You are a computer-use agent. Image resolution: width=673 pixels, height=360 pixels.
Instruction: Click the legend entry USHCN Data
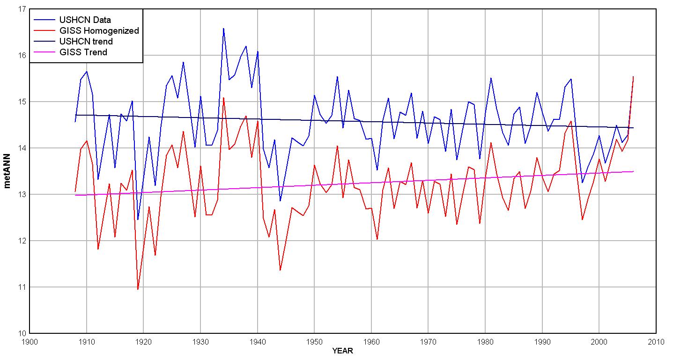85,20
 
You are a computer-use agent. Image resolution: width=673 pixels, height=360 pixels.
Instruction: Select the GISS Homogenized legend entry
99,31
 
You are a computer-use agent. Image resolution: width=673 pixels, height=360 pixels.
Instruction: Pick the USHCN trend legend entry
86,42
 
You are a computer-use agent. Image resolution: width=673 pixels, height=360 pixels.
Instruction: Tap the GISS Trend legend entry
83,52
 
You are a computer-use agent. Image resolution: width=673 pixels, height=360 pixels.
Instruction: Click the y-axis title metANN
8,171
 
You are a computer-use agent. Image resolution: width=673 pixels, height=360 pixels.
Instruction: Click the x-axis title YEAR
342,351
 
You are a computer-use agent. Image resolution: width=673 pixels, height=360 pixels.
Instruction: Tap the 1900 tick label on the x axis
30,342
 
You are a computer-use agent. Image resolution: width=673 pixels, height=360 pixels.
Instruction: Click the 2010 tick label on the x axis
656,342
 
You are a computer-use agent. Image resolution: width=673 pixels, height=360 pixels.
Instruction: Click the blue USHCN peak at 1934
223,28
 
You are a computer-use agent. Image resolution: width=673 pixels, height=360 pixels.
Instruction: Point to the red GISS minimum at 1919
138,289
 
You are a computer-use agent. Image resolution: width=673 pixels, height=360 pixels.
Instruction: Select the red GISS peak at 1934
223,98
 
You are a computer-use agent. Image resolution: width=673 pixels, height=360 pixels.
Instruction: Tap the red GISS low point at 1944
280,270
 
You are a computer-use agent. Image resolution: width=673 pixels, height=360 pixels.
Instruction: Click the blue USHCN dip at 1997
582,183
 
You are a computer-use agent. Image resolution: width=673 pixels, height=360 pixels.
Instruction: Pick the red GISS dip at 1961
377,239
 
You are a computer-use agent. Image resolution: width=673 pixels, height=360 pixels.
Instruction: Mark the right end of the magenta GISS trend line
633,171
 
